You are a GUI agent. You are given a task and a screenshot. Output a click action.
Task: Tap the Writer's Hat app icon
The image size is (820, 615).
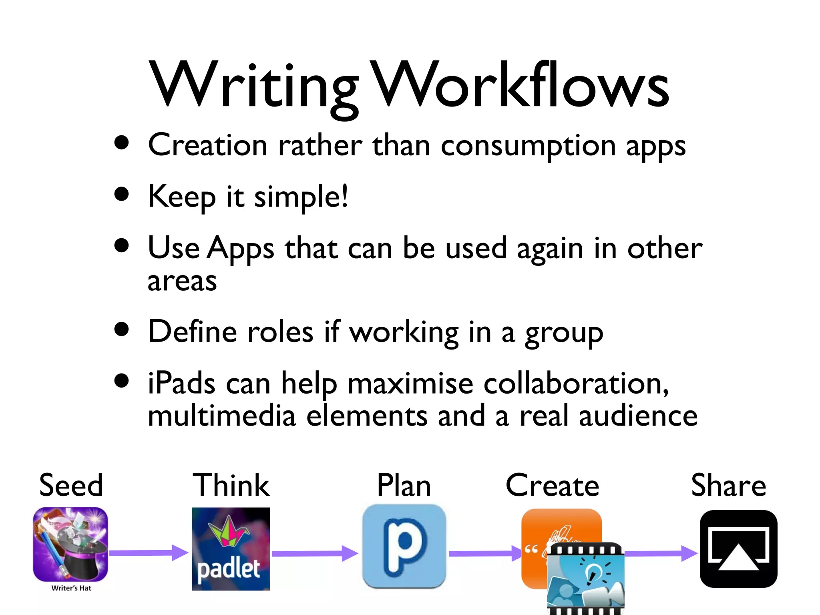click(70, 544)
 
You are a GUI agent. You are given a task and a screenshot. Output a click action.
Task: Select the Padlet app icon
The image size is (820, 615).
click(231, 549)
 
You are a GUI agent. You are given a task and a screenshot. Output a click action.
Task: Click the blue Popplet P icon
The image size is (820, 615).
click(404, 546)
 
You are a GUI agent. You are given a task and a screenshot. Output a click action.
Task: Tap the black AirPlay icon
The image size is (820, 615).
click(738, 549)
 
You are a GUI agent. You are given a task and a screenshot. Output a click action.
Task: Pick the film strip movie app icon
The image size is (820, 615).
click(585, 578)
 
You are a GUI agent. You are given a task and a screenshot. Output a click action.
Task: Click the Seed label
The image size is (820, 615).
click(71, 485)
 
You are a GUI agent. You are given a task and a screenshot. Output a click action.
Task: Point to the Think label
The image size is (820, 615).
click(231, 485)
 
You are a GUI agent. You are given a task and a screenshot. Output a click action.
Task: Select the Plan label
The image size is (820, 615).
click(404, 485)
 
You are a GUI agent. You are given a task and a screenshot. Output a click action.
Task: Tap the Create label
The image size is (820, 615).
click(552, 485)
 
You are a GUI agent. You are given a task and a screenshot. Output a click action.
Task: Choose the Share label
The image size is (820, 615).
click(728, 485)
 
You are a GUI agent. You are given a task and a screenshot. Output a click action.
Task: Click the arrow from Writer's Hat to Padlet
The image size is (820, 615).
click(148, 553)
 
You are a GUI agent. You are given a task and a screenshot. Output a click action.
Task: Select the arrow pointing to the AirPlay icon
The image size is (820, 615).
click(661, 553)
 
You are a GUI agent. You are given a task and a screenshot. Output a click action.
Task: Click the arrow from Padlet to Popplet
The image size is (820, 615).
click(315, 553)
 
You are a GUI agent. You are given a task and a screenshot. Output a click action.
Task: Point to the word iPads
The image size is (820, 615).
click(181, 383)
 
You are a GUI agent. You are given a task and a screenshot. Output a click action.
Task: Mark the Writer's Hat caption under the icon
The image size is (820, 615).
click(71, 588)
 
